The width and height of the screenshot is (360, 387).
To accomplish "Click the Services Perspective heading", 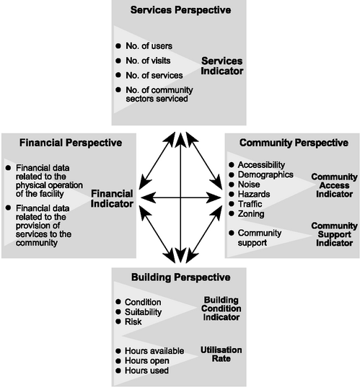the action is (x=180, y=10).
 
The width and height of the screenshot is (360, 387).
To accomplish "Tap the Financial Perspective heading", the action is (x=71, y=143).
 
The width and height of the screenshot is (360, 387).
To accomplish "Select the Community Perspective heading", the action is (x=294, y=143).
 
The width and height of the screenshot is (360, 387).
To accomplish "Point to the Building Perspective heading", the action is (x=181, y=277).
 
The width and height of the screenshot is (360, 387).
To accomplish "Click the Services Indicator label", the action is (x=222, y=66).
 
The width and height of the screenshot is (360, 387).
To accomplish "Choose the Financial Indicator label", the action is (x=112, y=199).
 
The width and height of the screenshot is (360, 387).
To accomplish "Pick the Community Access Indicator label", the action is (x=334, y=185).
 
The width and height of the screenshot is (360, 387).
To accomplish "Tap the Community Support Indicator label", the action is (x=334, y=234).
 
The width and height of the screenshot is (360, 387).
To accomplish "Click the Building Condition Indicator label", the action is (x=221, y=308).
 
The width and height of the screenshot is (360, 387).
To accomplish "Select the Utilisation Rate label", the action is (x=221, y=354).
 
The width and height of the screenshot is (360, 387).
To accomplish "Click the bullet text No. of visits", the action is (x=148, y=61).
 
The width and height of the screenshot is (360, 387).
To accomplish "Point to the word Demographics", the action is (x=265, y=174).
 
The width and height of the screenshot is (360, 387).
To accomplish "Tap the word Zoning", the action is (x=251, y=214).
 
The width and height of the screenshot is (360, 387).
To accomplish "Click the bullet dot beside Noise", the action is (x=232, y=184).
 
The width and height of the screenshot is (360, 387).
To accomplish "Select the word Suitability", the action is (x=144, y=312).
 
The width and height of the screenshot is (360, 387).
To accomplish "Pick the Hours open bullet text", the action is (x=147, y=361).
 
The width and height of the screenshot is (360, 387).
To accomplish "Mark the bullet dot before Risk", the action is (x=118, y=321).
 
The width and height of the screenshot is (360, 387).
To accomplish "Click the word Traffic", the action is (x=250, y=204).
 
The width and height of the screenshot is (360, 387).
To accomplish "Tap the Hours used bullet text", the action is (x=146, y=370).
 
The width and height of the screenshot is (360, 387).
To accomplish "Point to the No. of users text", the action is (x=149, y=46).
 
